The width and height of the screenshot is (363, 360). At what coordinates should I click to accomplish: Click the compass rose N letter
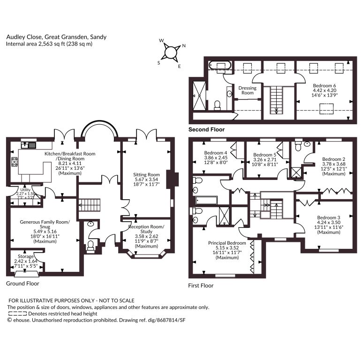pyautogui.click(x=184, y=46)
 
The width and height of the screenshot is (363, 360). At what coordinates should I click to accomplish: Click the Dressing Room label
pyautogui.click(x=248, y=90)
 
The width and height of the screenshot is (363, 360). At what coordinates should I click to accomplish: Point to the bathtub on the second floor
pyautogui.click(x=220, y=65)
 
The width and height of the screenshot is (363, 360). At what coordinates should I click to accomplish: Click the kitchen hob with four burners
pyautogui.click(x=15, y=162)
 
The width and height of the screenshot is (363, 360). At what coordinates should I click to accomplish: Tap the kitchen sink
pyautogui.click(x=29, y=145)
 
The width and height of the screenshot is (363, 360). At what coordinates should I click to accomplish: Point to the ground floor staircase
pyautogui.click(x=90, y=205)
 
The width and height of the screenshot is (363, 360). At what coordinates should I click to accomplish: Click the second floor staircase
pyautogui.click(x=276, y=100)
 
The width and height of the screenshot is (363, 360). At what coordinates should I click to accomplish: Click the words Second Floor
pyautogui.click(x=206, y=129)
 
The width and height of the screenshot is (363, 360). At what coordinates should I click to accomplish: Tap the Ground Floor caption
pyautogui.click(x=23, y=284)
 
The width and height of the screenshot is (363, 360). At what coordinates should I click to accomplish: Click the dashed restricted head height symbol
pyautogui.click(x=18, y=314)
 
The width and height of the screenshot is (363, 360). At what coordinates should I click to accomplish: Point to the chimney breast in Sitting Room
pyautogui.click(x=173, y=180)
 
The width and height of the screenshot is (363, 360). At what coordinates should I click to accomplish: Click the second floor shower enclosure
pyautogui.click(x=199, y=96)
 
